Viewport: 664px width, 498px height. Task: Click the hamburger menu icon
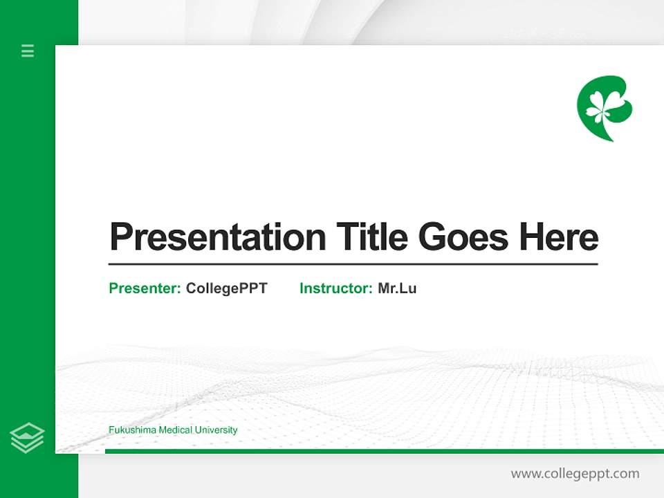28,50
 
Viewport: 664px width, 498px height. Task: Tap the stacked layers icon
27,438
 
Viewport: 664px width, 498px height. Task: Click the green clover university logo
604,107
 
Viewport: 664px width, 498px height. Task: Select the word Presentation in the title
218,237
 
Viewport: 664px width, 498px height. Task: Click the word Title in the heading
372,237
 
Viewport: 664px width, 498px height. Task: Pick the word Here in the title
559,237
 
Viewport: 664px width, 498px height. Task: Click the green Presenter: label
145,288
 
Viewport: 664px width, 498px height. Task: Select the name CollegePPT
226,288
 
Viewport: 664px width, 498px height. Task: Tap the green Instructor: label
335,288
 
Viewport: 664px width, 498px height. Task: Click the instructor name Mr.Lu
397,288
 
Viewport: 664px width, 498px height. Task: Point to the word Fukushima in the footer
132,430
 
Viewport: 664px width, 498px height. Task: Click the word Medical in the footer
175,430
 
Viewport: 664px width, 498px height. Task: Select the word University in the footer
216,430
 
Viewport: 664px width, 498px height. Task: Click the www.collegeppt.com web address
575,474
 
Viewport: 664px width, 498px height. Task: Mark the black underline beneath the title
353,264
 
